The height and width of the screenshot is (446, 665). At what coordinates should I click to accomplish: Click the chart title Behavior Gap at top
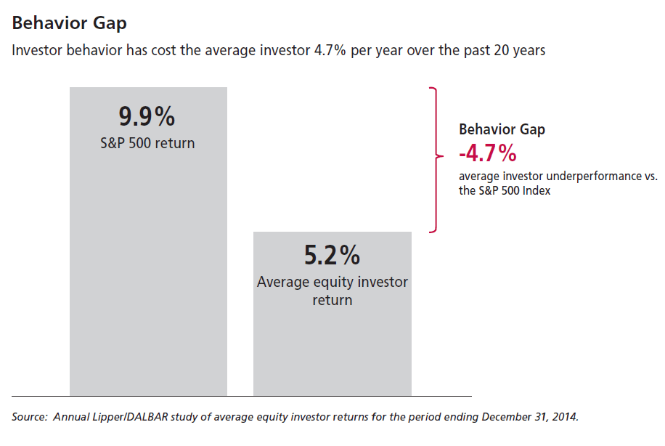click(69, 23)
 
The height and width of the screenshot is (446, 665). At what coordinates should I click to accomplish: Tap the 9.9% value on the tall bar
click(147, 116)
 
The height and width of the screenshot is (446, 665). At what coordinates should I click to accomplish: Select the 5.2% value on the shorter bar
click(332, 256)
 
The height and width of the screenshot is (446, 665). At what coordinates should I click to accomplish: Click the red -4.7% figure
click(487, 153)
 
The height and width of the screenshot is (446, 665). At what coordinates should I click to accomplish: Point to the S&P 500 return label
click(147, 143)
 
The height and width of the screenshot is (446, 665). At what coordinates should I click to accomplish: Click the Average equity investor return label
click(332, 291)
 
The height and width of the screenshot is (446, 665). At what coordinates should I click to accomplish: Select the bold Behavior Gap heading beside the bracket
click(502, 129)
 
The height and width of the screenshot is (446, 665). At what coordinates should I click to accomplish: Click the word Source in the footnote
click(28, 417)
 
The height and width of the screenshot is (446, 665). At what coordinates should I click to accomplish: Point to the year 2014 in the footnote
click(564, 417)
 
